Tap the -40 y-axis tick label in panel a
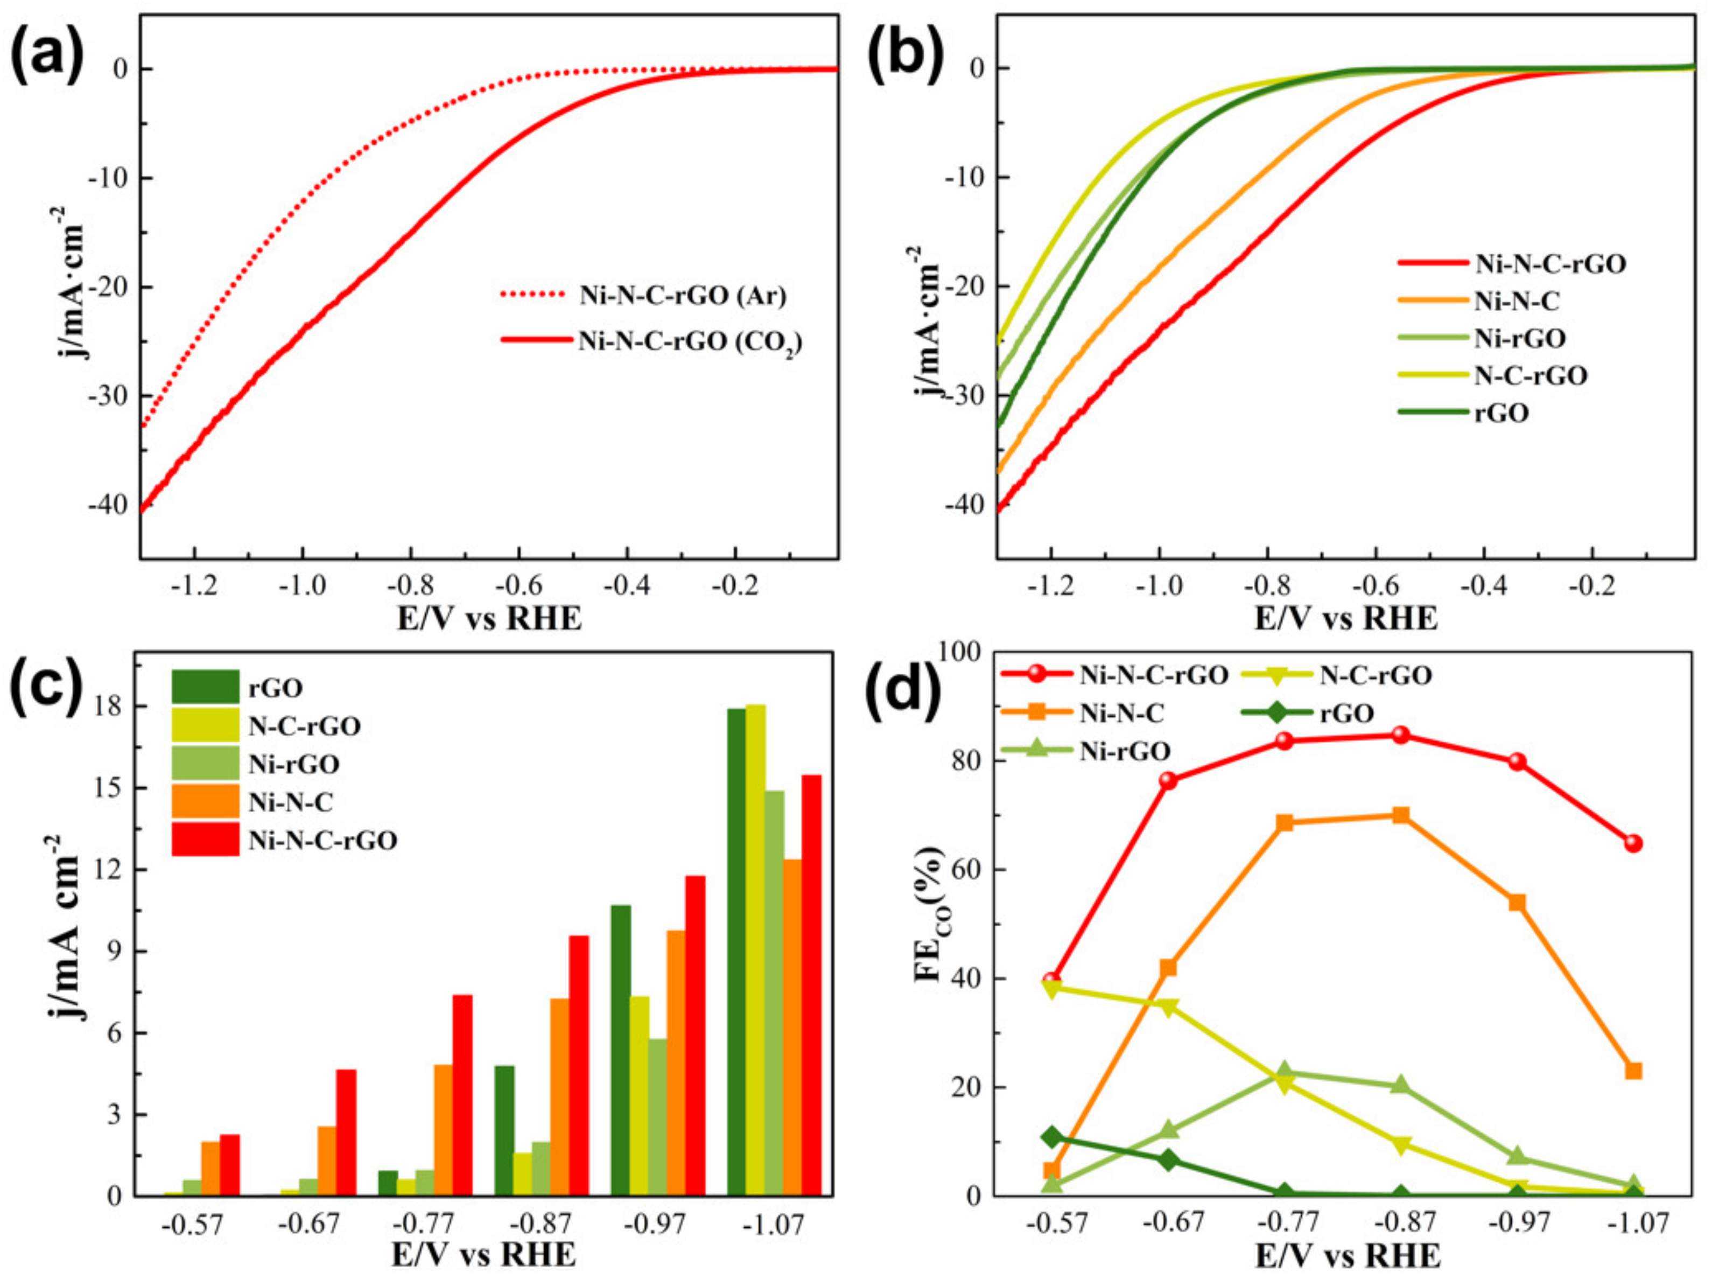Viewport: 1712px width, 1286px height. pos(108,505)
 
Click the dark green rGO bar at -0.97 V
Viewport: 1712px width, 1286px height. pos(620,1050)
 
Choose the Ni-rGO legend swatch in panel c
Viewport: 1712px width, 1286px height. pos(205,764)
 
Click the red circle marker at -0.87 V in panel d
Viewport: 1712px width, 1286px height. pos(1400,735)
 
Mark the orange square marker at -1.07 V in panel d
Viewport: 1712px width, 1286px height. pos(1633,1071)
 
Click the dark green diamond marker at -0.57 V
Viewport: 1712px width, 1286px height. pos(1051,1137)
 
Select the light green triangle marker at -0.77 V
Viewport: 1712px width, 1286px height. pos(1284,1072)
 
